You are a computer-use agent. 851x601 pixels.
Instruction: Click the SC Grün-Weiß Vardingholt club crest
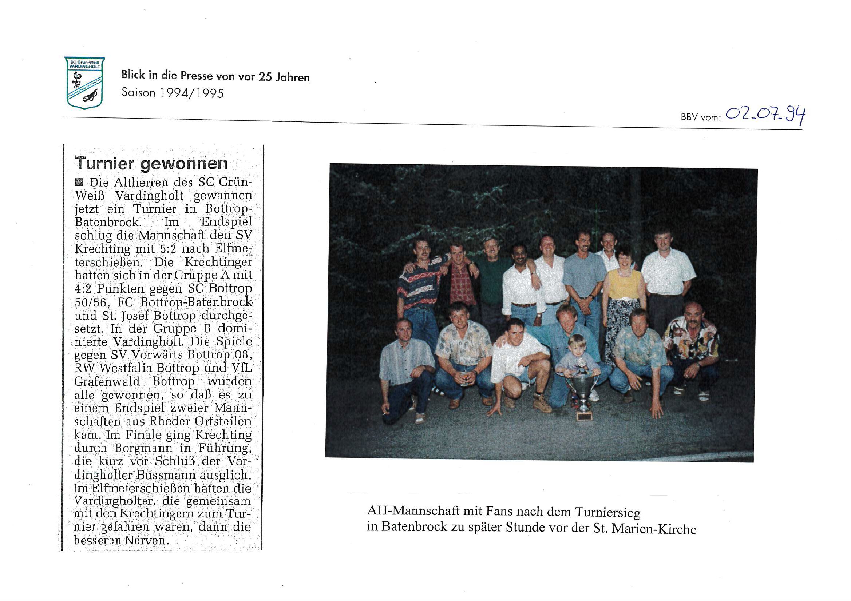(84, 83)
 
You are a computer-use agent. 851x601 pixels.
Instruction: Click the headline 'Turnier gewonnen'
(151, 163)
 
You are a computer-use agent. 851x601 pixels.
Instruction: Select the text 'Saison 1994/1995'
(173, 93)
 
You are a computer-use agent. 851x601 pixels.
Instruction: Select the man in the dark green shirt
(490, 274)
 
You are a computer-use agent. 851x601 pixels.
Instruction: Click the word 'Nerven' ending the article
(146, 540)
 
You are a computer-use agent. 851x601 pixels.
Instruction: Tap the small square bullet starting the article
(79, 182)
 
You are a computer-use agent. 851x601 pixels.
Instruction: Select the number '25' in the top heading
(265, 77)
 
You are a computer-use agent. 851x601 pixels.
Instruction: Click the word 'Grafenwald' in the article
(107, 381)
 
